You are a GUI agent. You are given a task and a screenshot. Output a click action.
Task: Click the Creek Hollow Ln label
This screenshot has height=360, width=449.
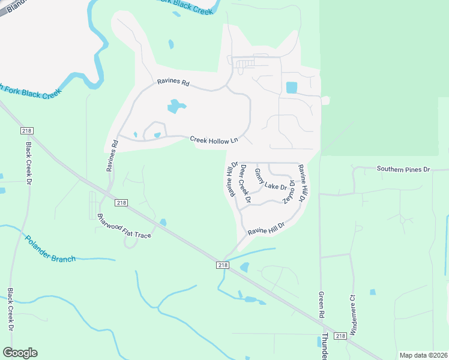[214, 140]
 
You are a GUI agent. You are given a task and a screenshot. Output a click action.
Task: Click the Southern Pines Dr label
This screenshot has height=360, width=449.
[404, 169]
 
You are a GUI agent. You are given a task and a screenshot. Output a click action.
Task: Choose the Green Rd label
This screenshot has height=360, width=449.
[322, 305]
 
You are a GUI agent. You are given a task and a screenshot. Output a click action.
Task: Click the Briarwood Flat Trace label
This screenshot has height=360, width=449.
[125, 226]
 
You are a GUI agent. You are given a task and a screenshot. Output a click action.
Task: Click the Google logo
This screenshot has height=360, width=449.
[20, 353]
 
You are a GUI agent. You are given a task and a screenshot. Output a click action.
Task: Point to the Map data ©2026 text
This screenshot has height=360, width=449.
[424, 355]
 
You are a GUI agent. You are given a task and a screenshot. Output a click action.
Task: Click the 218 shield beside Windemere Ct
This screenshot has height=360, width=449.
[340, 336]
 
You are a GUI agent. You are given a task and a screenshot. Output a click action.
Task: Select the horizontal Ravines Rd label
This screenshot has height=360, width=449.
[173, 83]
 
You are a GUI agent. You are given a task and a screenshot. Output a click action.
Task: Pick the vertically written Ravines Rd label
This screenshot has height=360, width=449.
[112, 155]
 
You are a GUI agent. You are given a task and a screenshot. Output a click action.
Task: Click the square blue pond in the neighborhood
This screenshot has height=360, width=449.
[292, 87]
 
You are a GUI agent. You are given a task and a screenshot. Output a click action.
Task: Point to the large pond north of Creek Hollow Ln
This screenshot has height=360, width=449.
[176, 107]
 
